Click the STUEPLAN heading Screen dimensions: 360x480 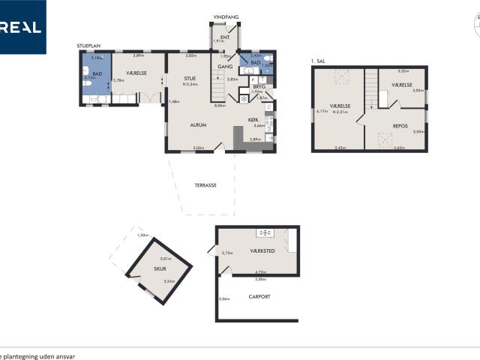click(x=89, y=46)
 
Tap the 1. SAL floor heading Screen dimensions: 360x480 click(x=320, y=61)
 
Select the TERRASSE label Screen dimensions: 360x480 click(x=205, y=184)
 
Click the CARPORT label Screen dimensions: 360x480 click(x=259, y=296)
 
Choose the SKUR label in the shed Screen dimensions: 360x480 click(x=160, y=268)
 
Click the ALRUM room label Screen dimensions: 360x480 click(x=198, y=125)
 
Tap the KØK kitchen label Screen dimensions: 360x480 click(x=253, y=120)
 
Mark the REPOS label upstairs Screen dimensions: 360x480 click(x=400, y=115)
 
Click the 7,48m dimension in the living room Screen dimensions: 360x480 click(x=175, y=101)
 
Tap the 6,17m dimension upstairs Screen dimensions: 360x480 click(x=323, y=112)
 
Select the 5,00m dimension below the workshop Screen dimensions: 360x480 click(x=261, y=279)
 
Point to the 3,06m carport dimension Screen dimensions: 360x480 click(x=223, y=299)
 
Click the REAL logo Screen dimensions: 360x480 click(x=22, y=27)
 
